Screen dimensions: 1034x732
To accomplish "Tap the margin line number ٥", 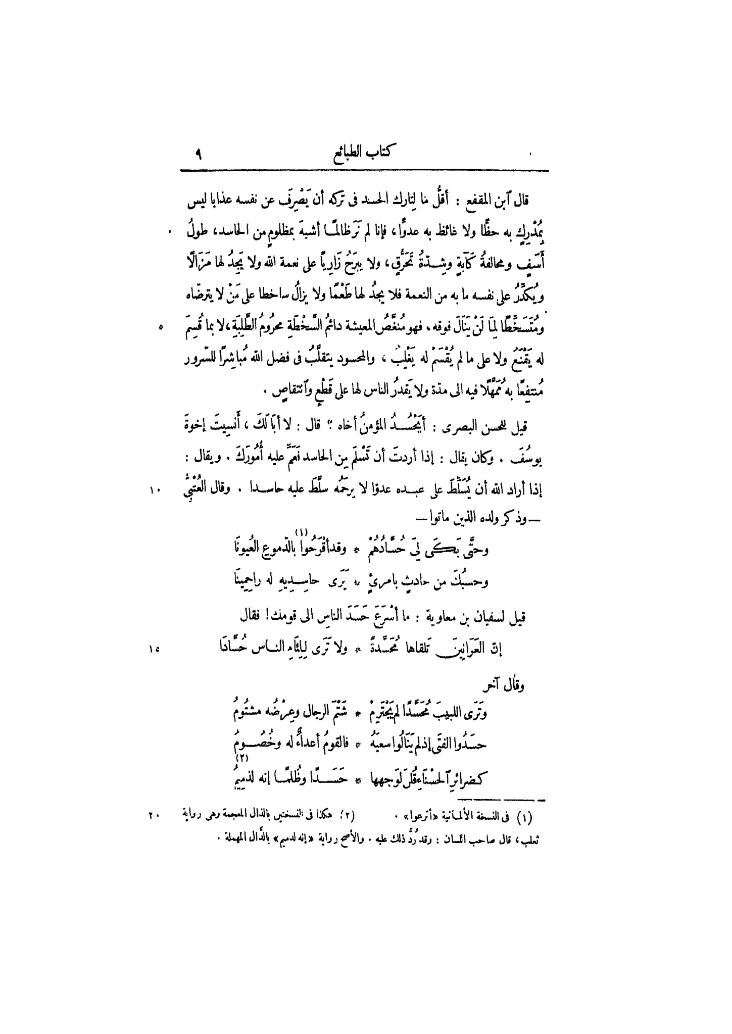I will (161, 327).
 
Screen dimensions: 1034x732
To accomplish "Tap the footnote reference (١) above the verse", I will (301, 531).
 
